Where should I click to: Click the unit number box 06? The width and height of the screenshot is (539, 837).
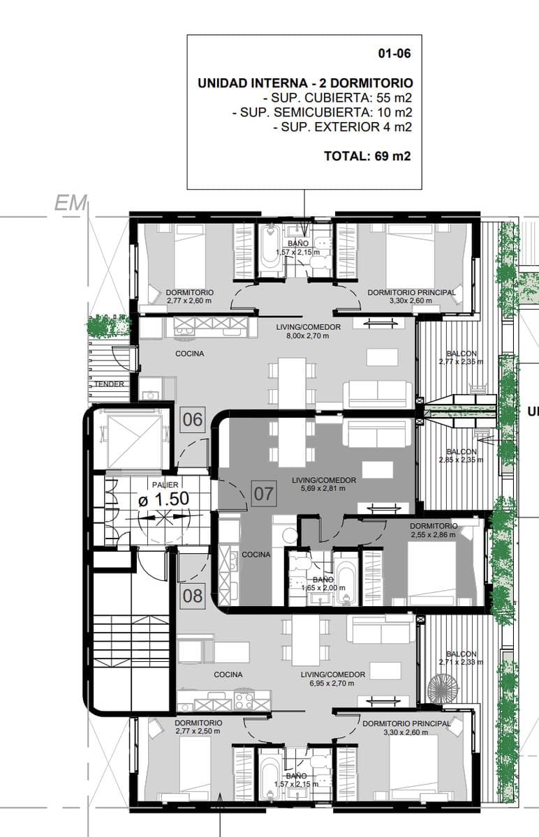[193, 419]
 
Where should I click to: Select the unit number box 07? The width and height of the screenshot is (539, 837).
[264, 494]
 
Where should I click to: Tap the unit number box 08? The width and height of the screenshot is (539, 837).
[193, 596]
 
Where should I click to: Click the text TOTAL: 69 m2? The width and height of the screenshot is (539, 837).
[367, 156]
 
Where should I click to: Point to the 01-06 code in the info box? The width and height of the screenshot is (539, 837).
[394, 54]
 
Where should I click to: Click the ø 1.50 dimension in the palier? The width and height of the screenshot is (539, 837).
[163, 499]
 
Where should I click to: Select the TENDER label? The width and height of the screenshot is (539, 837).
[109, 384]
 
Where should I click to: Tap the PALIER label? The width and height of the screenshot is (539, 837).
[165, 485]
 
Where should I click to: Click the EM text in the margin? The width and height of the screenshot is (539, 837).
[71, 204]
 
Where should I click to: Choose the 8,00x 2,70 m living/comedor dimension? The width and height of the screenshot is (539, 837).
[308, 335]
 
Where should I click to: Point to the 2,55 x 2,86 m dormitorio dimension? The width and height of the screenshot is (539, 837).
[433, 535]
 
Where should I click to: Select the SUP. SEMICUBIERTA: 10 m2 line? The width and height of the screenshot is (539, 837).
[322, 112]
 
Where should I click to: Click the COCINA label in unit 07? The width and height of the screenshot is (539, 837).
[256, 555]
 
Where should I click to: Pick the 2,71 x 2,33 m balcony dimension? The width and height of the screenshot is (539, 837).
[462, 662]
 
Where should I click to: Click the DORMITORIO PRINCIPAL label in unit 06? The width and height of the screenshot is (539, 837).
[412, 292]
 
